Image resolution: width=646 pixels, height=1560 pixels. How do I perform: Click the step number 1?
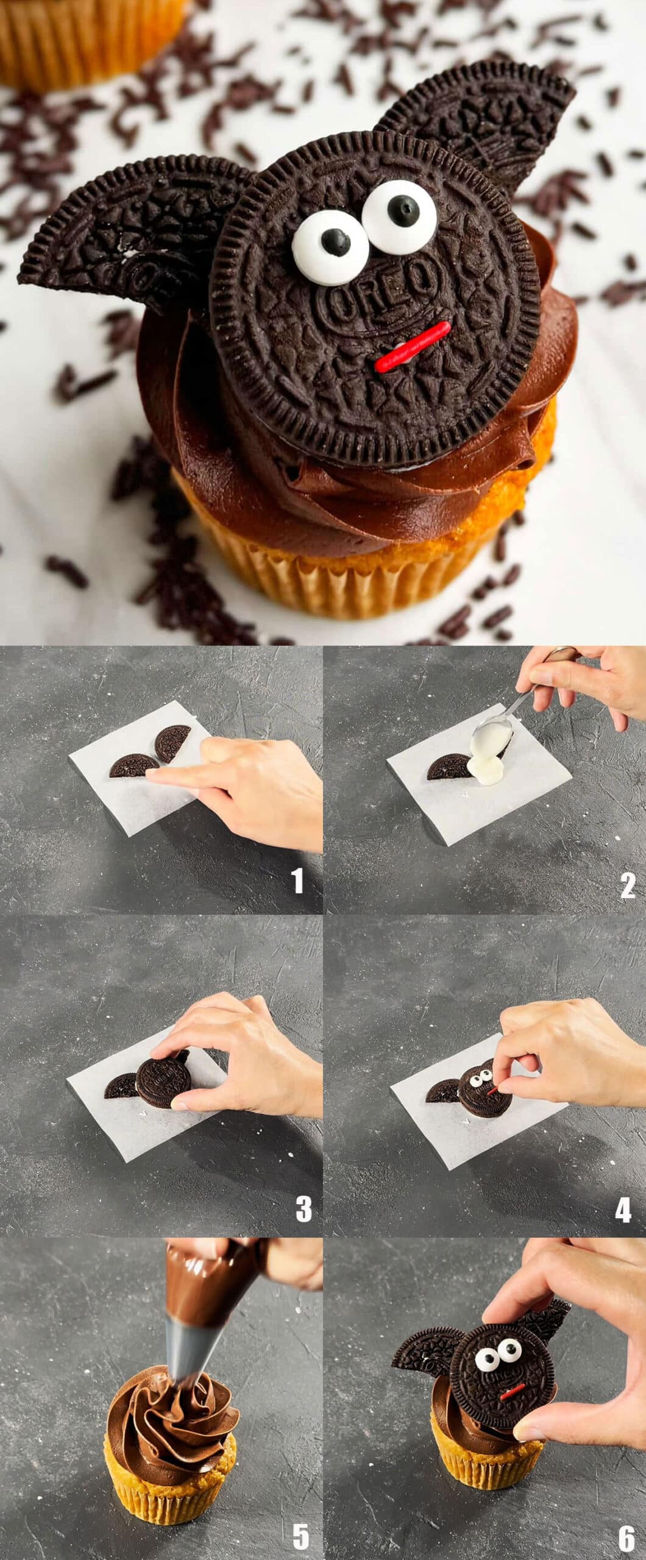point(297,881)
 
